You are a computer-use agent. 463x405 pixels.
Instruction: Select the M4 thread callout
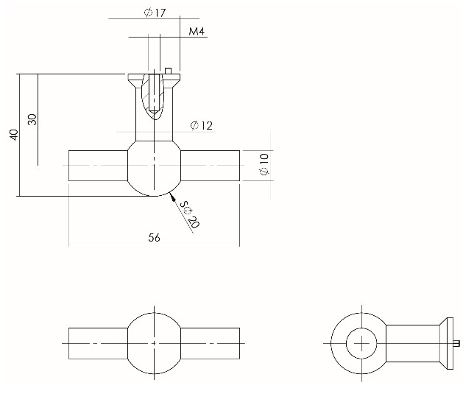196,32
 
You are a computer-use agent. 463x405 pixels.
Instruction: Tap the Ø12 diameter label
201,126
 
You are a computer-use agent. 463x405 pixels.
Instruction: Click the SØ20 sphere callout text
189,216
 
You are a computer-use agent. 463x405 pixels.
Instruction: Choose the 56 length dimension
154,237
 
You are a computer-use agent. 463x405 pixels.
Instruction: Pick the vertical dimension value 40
13,135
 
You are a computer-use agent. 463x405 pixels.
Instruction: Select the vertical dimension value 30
31,119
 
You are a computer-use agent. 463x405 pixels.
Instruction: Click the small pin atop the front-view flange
169,71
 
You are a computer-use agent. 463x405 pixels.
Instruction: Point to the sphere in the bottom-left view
154,343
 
